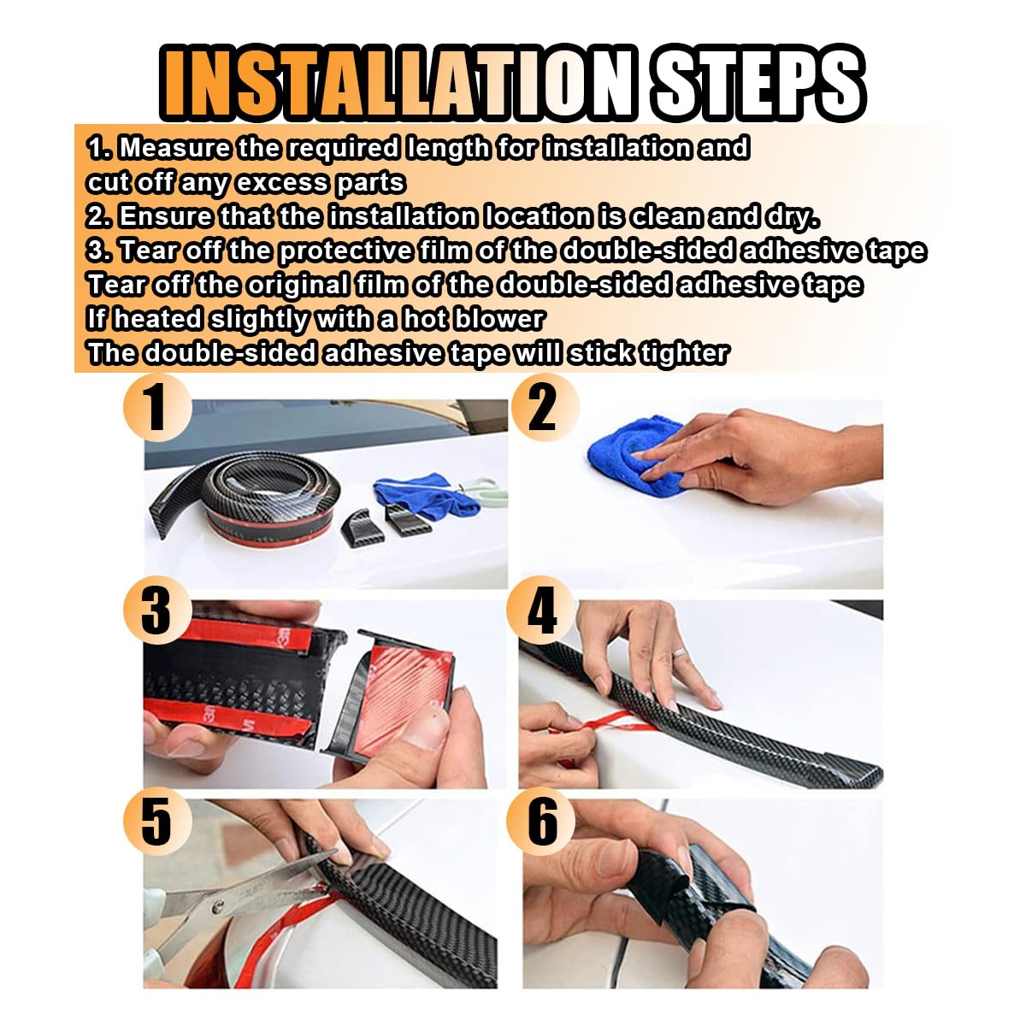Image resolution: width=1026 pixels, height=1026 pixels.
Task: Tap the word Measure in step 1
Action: tap(174, 148)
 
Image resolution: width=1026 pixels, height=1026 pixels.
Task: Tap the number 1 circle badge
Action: tap(157, 407)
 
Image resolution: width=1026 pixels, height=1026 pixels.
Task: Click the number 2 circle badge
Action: tap(543, 407)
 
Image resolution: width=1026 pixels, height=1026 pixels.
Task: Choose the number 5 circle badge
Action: tap(157, 820)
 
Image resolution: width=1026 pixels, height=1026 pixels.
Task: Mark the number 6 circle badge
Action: tap(541, 820)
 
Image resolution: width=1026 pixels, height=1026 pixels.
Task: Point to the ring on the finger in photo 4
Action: tap(681, 654)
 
